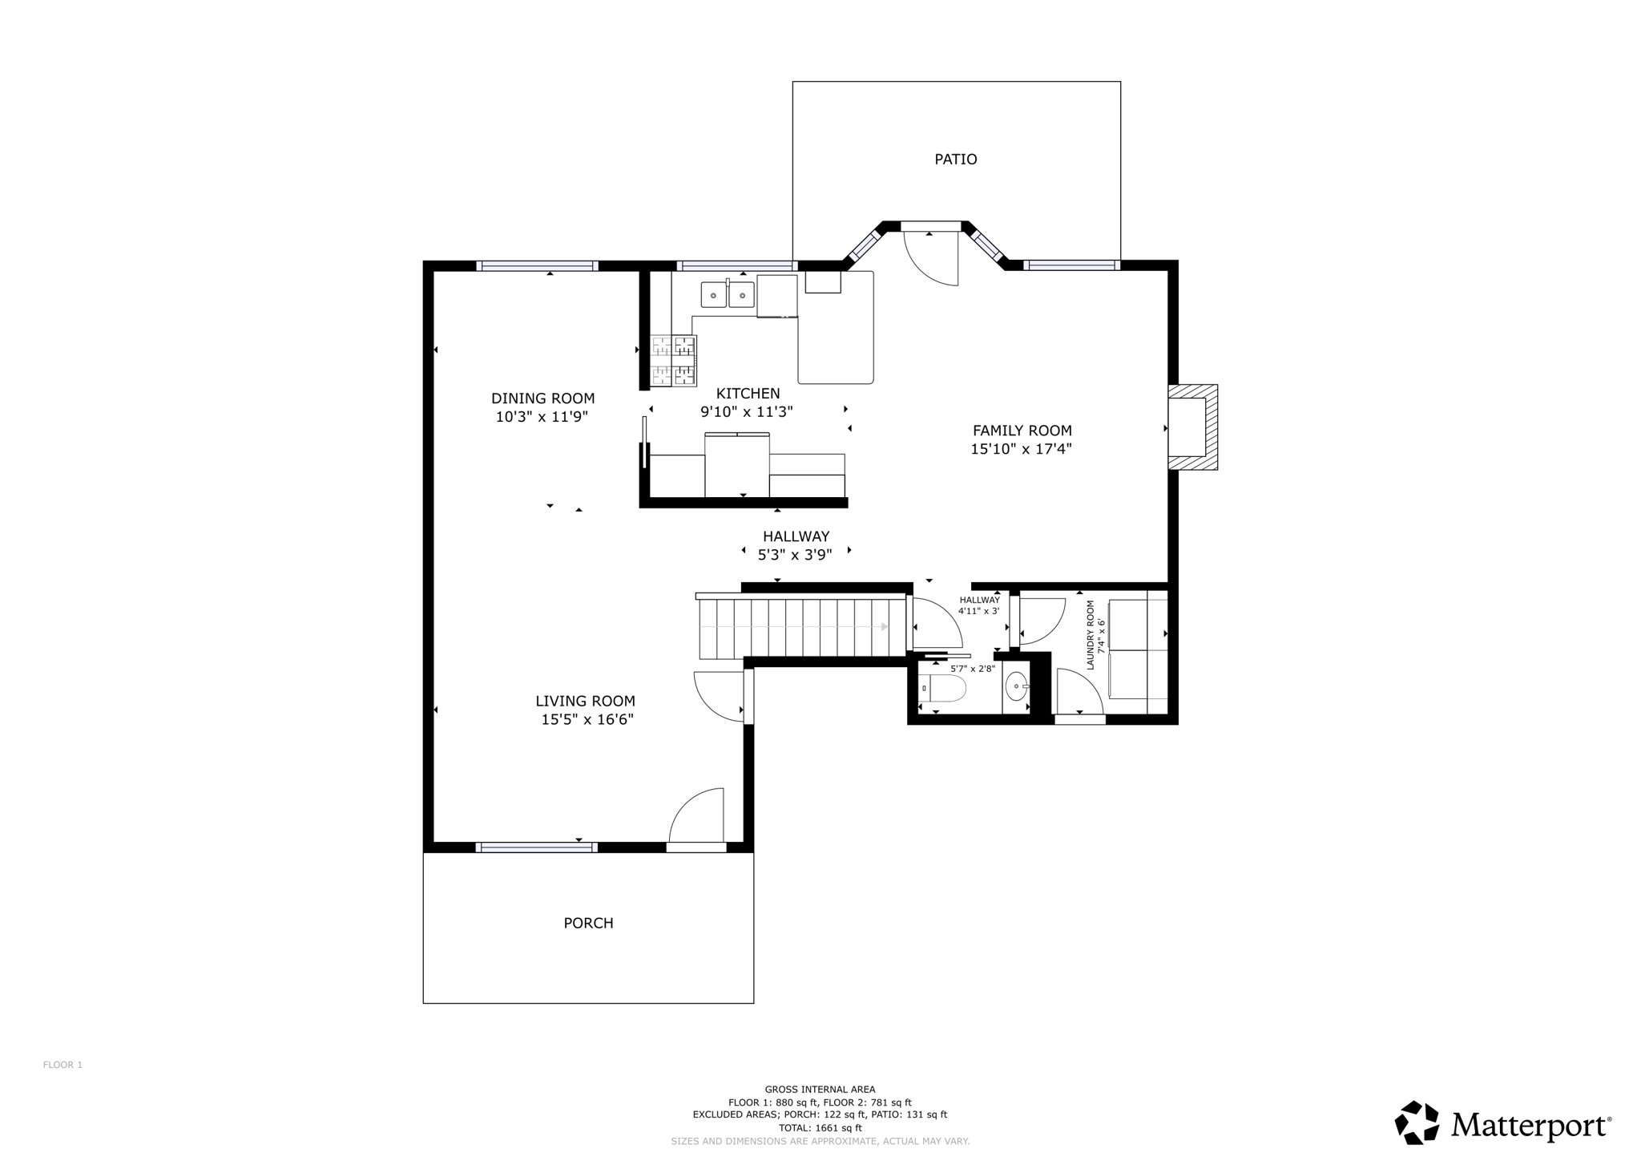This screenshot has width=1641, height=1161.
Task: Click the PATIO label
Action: (955, 160)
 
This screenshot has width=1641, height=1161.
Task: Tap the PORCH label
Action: (588, 923)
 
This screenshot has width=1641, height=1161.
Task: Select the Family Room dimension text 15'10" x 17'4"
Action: (1021, 449)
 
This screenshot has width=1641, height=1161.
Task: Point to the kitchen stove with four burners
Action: (673, 361)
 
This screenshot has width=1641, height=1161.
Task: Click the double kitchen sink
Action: (728, 295)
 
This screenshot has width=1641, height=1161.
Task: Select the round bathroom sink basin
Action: (1016, 686)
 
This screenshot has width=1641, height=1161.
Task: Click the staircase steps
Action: (801, 628)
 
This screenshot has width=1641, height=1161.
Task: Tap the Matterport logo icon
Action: (1417, 1123)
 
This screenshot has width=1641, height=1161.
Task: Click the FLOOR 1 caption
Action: (62, 1065)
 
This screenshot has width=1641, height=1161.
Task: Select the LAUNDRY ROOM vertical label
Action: (1091, 635)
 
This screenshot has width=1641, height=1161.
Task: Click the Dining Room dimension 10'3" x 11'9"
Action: (542, 417)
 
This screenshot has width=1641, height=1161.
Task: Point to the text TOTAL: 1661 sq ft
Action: (820, 1127)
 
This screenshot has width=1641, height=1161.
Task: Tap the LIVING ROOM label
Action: (585, 701)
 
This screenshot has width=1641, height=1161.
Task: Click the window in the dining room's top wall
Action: (537, 266)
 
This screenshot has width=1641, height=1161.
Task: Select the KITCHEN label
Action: (748, 394)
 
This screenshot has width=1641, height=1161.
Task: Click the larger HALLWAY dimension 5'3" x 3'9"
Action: (795, 554)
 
